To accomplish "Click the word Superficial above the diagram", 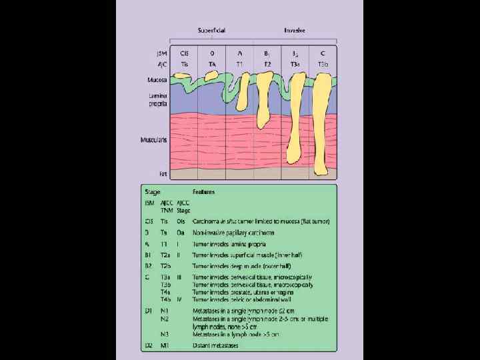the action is point(211,31).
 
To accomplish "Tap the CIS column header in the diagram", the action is point(184,53).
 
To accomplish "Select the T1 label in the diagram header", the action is point(240,63).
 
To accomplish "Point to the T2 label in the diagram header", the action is point(267,63).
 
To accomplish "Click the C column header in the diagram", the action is point(322,53).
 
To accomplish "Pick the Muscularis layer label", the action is point(153,140).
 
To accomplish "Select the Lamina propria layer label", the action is point(157,101).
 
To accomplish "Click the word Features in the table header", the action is point(203,192).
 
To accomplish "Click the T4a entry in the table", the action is point(164,291).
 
